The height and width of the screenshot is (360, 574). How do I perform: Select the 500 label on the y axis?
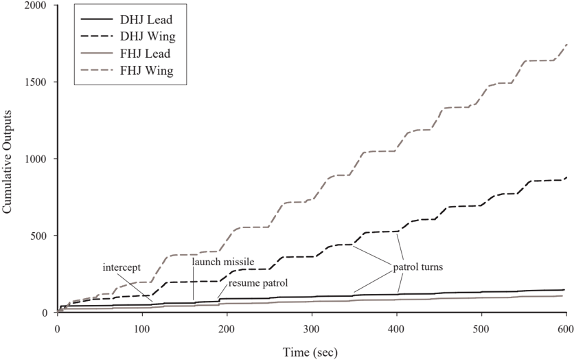[43, 236]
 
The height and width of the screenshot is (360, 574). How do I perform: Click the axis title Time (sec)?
[310, 352]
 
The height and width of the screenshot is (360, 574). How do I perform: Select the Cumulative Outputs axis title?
[7, 161]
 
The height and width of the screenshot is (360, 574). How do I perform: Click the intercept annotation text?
[122, 267]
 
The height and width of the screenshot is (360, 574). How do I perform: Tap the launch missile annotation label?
[223, 262]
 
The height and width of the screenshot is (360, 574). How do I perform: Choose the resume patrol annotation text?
[258, 283]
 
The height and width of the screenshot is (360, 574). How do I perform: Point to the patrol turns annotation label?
[418, 267]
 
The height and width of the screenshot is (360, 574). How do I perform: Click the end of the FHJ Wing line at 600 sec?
[566, 45]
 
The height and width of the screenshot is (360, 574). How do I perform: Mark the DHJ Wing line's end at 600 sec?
[566, 178]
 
